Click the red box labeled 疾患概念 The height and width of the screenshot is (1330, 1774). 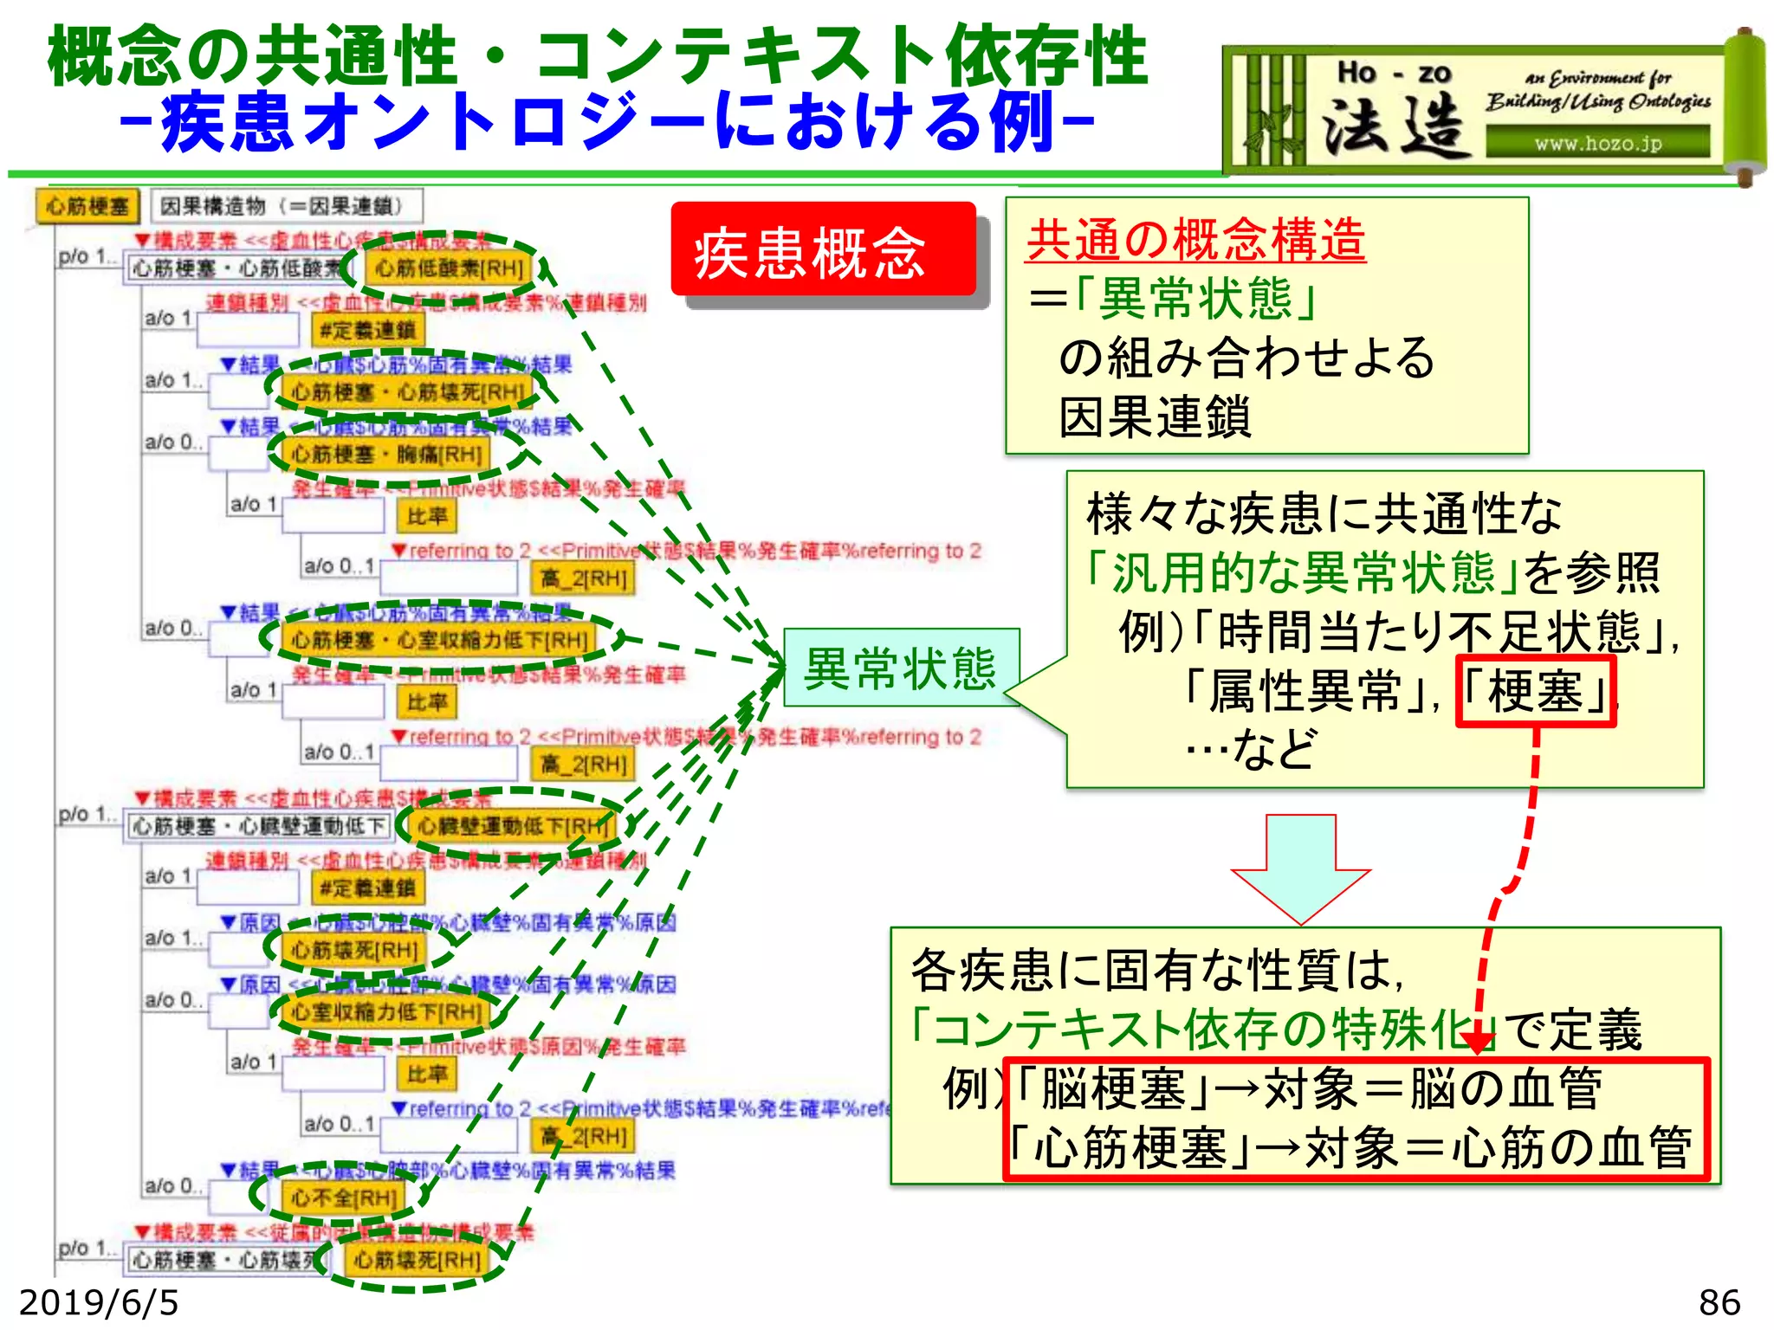point(823,251)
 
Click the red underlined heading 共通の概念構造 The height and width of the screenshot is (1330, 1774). point(1195,240)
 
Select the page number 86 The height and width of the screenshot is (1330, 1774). point(1719,1302)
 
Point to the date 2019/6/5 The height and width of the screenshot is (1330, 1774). point(99,1302)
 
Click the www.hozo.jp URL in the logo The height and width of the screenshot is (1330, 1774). point(1598,143)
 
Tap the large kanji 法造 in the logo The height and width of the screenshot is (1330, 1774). point(1395,126)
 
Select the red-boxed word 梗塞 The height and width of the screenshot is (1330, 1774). point(1536,691)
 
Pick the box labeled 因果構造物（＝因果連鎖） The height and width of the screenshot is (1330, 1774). point(286,206)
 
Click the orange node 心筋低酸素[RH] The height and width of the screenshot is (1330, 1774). point(449,268)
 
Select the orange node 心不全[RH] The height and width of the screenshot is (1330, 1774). point(344,1198)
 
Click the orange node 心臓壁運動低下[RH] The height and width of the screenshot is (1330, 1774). point(513,826)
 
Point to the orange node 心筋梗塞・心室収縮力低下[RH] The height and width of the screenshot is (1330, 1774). point(440,640)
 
